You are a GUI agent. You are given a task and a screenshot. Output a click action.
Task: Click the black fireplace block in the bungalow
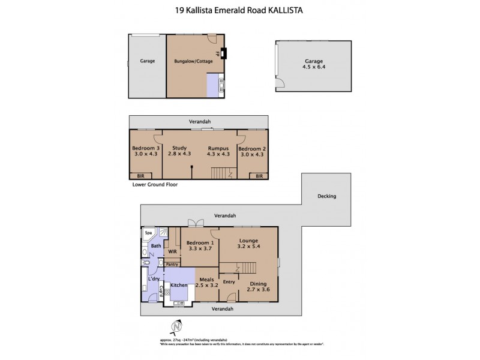click(224, 54)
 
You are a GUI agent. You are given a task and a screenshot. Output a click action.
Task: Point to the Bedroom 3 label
click(145, 148)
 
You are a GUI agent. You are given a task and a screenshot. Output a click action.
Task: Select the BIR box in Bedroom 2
click(259, 176)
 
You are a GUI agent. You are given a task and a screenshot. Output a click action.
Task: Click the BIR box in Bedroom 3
click(140, 176)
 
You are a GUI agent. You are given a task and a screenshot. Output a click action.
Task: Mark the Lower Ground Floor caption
click(155, 185)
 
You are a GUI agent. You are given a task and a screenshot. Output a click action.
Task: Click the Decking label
click(327, 196)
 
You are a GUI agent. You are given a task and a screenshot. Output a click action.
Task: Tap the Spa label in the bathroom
click(148, 233)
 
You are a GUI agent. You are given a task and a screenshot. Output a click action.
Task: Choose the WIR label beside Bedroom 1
click(172, 251)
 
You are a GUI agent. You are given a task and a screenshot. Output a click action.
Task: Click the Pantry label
click(172, 263)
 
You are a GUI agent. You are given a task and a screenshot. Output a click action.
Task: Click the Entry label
click(229, 281)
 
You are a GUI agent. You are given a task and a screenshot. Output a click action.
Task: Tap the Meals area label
click(207, 278)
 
